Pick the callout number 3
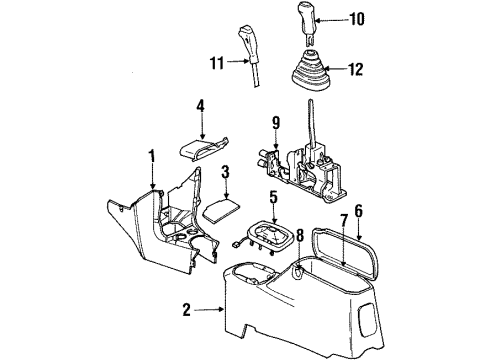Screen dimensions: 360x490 click(x=227, y=174)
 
